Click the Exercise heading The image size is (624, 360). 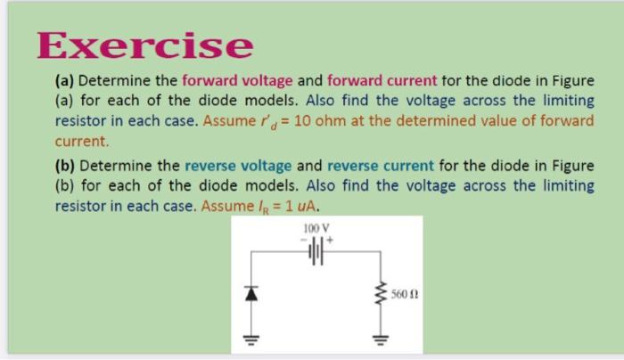[x=145, y=45]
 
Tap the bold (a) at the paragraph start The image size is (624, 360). [x=65, y=81]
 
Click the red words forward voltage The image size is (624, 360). [x=237, y=81]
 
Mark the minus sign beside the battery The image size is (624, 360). [x=301, y=239]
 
